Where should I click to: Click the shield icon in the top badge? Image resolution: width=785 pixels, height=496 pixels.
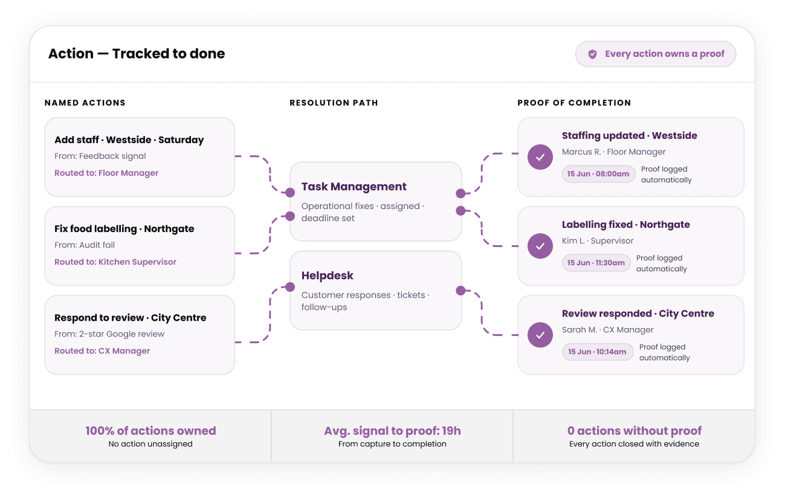pyautogui.click(x=592, y=54)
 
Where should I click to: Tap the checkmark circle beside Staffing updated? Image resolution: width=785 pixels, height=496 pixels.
pyautogui.click(x=540, y=157)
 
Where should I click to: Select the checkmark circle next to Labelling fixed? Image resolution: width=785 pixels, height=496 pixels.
pyautogui.click(x=540, y=246)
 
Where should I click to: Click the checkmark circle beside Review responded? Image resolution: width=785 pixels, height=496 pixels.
pyautogui.click(x=540, y=335)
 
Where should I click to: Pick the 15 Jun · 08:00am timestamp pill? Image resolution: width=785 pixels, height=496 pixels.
pyautogui.click(x=598, y=174)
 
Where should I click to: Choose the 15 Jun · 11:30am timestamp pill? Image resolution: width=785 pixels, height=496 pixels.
pyautogui.click(x=596, y=263)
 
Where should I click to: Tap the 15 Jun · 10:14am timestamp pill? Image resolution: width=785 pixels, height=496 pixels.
pyautogui.click(x=598, y=352)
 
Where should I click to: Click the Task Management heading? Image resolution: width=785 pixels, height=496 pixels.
pyautogui.click(x=354, y=187)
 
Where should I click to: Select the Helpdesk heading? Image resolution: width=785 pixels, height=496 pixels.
pyautogui.click(x=328, y=275)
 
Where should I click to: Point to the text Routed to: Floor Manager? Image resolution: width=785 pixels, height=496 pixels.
pyautogui.click(x=106, y=173)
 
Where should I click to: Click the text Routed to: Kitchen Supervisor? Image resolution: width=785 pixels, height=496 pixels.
pyautogui.click(x=115, y=262)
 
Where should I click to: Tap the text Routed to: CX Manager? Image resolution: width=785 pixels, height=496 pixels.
pyautogui.click(x=102, y=351)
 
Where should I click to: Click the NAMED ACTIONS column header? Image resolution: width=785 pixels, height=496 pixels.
pyautogui.click(x=85, y=103)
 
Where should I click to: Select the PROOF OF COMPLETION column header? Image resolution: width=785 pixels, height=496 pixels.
pyautogui.click(x=574, y=103)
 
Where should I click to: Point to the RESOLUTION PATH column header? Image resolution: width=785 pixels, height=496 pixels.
pyautogui.click(x=334, y=103)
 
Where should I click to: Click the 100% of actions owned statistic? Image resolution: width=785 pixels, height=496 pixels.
pyautogui.click(x=150, y=431)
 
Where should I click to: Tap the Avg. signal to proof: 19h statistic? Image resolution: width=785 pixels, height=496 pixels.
pyautogui.click(x=393, y=431)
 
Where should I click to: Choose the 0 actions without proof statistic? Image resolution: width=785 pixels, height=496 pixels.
pyautogui.click(x=635, y=431)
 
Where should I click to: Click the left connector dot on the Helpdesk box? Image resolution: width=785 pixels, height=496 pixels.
pyautogui.click(x=290, y=287)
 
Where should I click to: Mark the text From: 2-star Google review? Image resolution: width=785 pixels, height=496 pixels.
pyautogui.click(x=109, y=334)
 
